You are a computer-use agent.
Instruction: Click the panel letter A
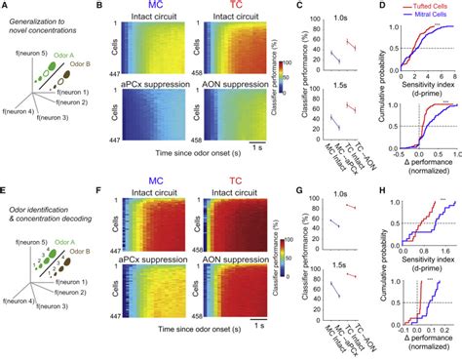(6, 7)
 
